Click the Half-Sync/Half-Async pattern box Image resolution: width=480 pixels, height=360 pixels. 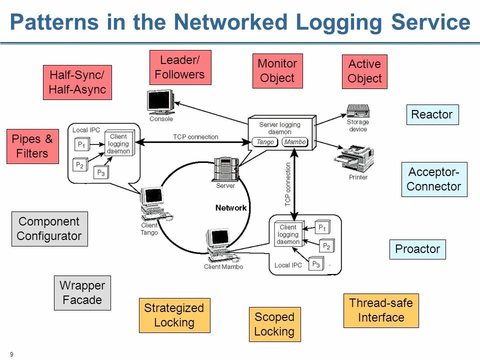[77, 82]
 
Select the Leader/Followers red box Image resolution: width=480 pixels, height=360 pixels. [180, 67]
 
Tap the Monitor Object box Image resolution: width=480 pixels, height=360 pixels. [277, 71]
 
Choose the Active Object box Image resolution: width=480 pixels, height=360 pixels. [364, 71]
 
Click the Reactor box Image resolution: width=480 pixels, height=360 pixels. [432, 115]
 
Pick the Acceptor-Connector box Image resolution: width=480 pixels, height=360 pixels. [434, 179]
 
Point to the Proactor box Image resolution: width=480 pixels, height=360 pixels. [417, 249]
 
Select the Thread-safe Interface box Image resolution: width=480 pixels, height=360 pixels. [381, 310]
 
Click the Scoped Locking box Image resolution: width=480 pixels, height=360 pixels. [275, 324]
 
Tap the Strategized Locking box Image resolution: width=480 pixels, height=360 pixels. [174, 315]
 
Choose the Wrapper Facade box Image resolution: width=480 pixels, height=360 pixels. [82, 293]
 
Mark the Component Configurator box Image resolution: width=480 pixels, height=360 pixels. [49, 229]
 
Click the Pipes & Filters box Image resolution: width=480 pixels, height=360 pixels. [33, 146]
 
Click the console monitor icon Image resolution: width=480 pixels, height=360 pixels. [160, 102]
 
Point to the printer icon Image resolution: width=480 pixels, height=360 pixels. [354, 158]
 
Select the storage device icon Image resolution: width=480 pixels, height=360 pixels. [358, 111]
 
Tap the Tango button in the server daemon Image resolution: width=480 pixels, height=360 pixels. [265, 142]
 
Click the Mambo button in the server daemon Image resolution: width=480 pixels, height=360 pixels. [295, 142]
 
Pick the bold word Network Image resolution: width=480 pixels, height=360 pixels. [231, 208]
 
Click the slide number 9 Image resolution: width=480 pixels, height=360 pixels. [11, 354]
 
